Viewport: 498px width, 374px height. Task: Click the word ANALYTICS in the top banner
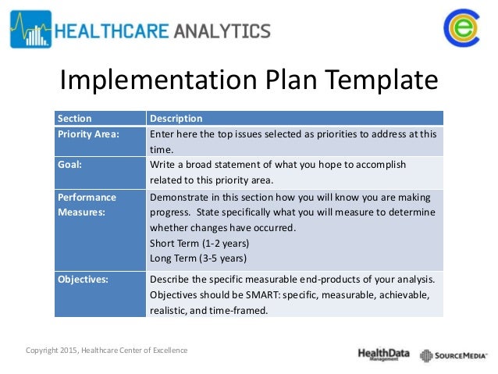[x=222, y=30]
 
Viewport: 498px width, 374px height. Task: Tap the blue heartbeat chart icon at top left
[x=30, y=30]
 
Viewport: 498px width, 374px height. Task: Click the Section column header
[x=74, y=119]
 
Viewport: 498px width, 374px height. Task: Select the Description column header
[x=176, y=119]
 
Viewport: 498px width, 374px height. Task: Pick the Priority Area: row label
[x=88, y=134]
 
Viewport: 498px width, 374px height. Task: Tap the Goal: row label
[x=69, y=165]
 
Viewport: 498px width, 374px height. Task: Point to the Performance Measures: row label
[x=86, y=205]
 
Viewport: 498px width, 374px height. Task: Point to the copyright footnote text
[x=106, y=350]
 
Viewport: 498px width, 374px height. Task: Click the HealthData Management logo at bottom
[x=383, y=354]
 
